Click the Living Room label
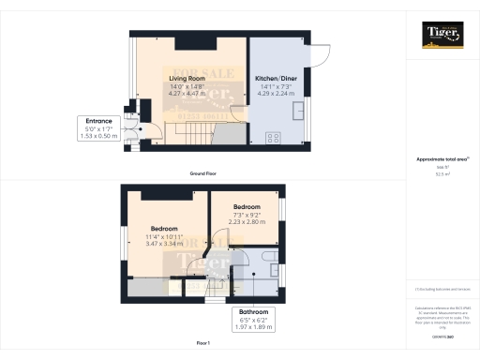click(187, 78)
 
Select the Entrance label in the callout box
click(98, 121)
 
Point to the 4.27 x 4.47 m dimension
click(187, 94)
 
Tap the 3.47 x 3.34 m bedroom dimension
click(163, 244)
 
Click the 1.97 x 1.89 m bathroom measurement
click(253, 327)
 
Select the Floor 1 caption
click(202, 344)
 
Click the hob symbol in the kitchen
click(275, 138)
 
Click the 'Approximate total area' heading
click(441, 159)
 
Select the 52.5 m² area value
click(441, 173)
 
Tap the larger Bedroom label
click(163, 228)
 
